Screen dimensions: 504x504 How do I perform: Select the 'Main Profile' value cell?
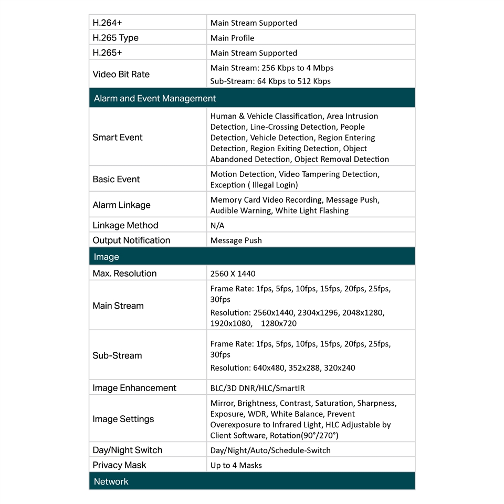point(232,38)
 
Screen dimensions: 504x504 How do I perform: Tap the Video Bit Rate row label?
point(121,74)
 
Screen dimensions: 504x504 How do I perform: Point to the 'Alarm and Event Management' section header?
point(155,98)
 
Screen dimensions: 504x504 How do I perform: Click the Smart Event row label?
point(118,138)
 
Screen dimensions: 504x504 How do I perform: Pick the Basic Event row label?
point(116,179)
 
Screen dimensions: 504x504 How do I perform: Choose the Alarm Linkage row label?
point(121,205)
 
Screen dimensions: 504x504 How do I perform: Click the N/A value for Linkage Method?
point(217,225)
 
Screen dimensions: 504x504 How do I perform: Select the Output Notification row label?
point(131,240)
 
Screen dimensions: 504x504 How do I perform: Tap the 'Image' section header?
point(107,257)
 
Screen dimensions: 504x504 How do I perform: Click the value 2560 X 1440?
point(233,274)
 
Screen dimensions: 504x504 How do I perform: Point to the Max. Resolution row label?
point(124,274)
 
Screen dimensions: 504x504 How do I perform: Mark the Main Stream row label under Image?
point(118,306)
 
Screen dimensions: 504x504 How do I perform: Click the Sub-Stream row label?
point(117,355)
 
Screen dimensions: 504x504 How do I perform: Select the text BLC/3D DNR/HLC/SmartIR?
point(257,388)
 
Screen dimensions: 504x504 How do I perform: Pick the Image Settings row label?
point(123,419)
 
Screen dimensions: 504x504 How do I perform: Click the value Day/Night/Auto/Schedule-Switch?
point(270,450)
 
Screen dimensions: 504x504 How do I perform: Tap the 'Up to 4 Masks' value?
point(236,465)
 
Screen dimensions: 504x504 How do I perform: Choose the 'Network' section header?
point(111,481)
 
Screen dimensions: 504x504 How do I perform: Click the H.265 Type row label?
point(115,38)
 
